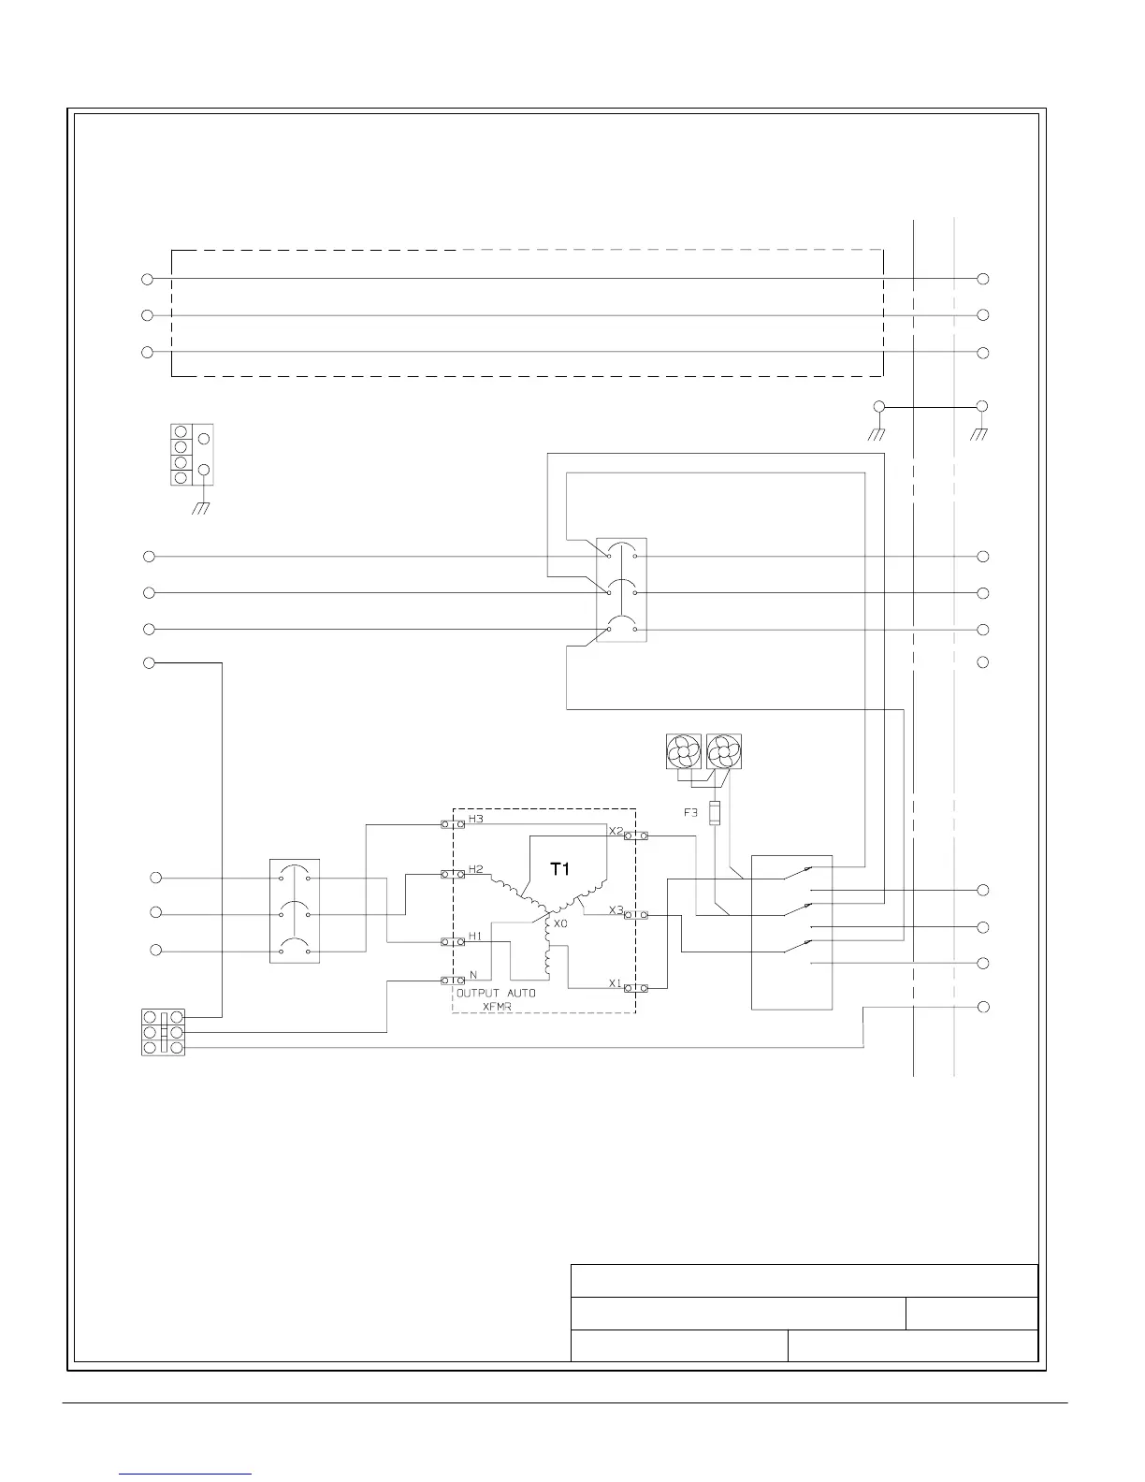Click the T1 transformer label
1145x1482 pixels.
tap(559, 869)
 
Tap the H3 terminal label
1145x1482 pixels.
tap(476, 819)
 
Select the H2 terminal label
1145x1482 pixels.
tap(476, 869)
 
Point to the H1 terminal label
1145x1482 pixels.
tap(475, 936)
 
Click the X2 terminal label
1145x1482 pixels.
tap(616, 831)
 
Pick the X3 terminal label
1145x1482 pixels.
tap(616, 909)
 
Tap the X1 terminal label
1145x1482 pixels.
tap(616, 983)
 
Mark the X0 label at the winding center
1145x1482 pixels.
tap(560, 923)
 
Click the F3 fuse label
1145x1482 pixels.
tap(690, 813)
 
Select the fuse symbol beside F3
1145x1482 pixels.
tap(717, 813)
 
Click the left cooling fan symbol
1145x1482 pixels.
tap(682, 751)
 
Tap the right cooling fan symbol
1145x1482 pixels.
tap(723, 751)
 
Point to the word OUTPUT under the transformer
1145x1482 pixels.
tap(478, 993)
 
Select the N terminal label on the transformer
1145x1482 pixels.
tap(473, 975)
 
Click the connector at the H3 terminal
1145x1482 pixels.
tap(453, 824)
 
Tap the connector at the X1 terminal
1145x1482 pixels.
tap(635, 988)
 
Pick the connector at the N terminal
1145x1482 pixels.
tap(453, 981)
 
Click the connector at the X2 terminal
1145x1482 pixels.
tap(635, 835)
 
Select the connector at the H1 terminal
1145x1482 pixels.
tap(453, 941)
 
